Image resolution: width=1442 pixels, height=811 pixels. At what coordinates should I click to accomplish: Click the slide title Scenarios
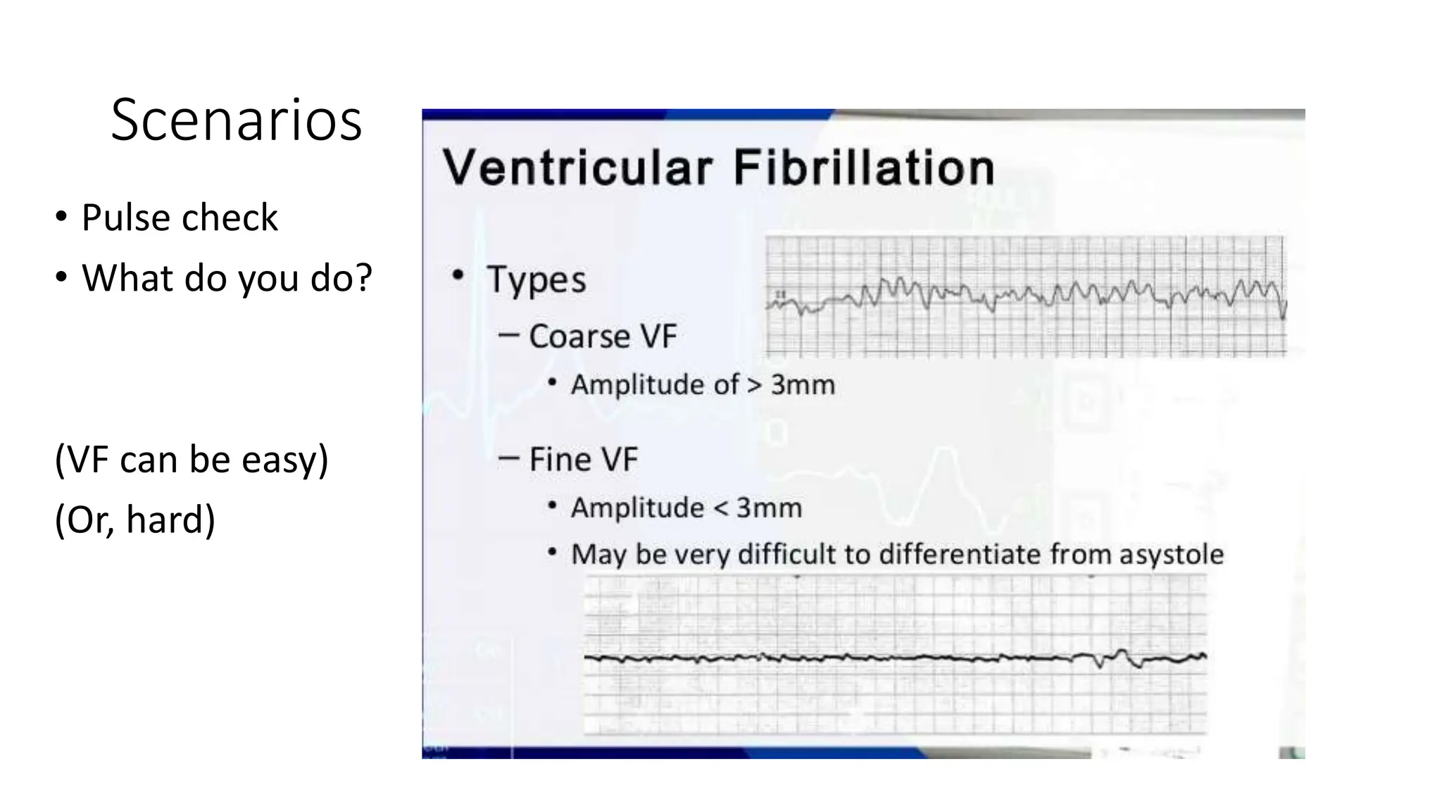[x=236, y=120]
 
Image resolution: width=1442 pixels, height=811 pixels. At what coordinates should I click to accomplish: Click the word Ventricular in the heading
[x=577, y=168]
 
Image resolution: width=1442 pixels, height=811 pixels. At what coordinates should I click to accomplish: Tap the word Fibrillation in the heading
[x=863, y=168]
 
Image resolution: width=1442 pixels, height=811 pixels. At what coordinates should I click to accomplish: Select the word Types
[x=536, y=279]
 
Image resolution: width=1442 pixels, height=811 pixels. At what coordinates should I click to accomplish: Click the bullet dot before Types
[x=458, y=275]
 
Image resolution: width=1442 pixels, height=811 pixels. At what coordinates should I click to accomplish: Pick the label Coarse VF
[x=602, y=337]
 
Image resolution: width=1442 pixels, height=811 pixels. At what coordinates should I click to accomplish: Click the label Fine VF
[x=583, y=460]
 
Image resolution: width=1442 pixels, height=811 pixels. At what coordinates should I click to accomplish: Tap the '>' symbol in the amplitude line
[x=754, y=385]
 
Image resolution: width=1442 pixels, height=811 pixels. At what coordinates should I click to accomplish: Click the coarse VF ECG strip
[x=1025, y=296]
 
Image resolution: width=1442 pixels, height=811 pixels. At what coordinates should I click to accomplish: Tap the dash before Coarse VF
[x=508, y=335]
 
